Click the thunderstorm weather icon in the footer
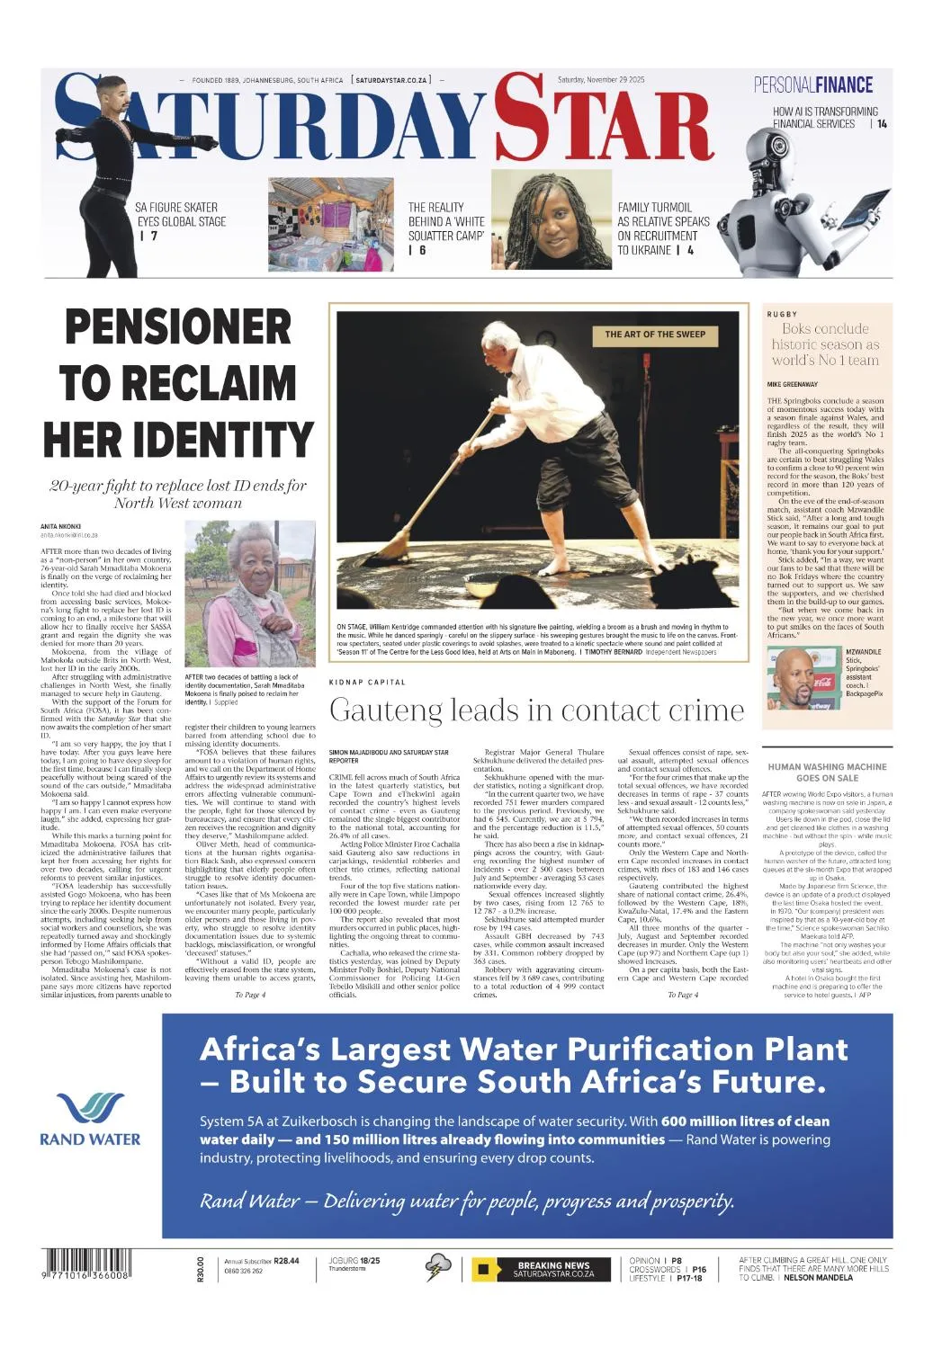[438, 1267]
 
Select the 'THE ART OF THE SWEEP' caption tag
[655, 335]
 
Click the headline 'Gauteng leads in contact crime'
[536, 710]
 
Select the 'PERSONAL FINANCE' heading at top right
[813, 85]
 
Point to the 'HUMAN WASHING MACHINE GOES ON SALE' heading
[827, 772]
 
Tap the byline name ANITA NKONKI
[61, 526]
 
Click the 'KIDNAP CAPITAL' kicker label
[367, 683]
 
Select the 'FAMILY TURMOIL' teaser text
[663, 228]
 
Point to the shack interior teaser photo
[330, 224]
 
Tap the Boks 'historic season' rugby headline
[825, 344]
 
